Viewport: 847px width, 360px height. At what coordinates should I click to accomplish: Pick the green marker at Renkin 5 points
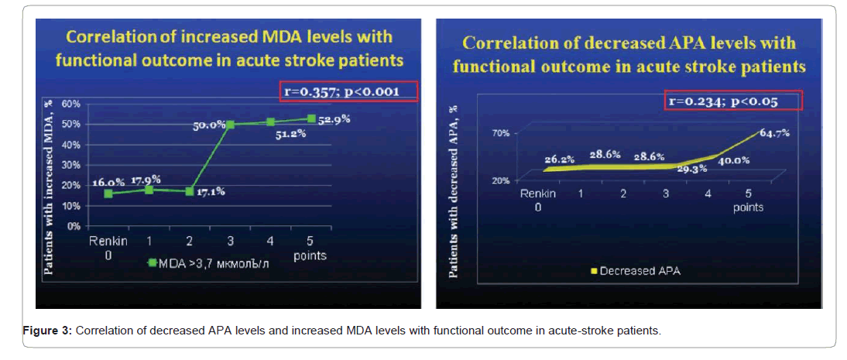click(x=311, y=118)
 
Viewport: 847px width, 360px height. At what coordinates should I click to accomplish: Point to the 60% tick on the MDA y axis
click(x=72, y=104)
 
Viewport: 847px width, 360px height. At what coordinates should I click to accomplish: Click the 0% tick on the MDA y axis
click(x=74, y=226)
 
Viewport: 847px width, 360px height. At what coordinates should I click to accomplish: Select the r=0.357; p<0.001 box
click(x=348, y=92)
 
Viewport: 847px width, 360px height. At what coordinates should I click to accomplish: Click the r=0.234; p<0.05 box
click(x=732, y=101)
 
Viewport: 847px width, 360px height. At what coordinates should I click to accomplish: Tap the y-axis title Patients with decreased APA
click(x=454, y=189)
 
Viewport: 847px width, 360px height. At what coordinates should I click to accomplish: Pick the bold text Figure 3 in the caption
click(x=48, y=331)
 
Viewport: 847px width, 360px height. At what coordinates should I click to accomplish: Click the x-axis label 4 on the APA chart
click(x=708, y=194)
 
